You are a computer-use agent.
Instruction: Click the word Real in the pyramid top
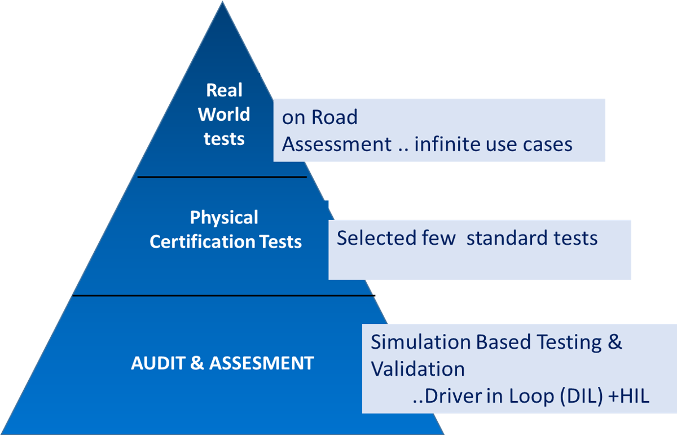pos(224,90)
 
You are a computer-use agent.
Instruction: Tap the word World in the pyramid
pos(224,115)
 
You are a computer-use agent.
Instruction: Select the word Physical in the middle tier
pos(224,218)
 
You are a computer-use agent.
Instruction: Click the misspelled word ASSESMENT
pos(261,363)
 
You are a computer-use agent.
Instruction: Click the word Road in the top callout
pos(335,117)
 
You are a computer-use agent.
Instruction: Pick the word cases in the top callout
pos(547,144)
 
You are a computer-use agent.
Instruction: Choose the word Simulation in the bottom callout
pos(420,342)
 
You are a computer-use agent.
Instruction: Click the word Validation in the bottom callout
pos(417,369)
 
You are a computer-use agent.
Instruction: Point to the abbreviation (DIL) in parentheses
pos(575,396)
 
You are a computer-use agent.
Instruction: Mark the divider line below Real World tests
pos(222,177)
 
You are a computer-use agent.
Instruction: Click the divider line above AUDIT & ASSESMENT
pos(223,295)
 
